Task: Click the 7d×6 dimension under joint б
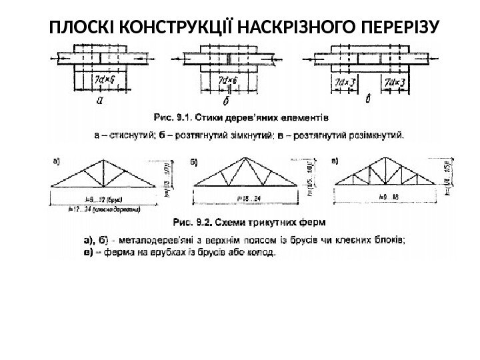point(228,81)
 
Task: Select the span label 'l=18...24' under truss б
point(247,198)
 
